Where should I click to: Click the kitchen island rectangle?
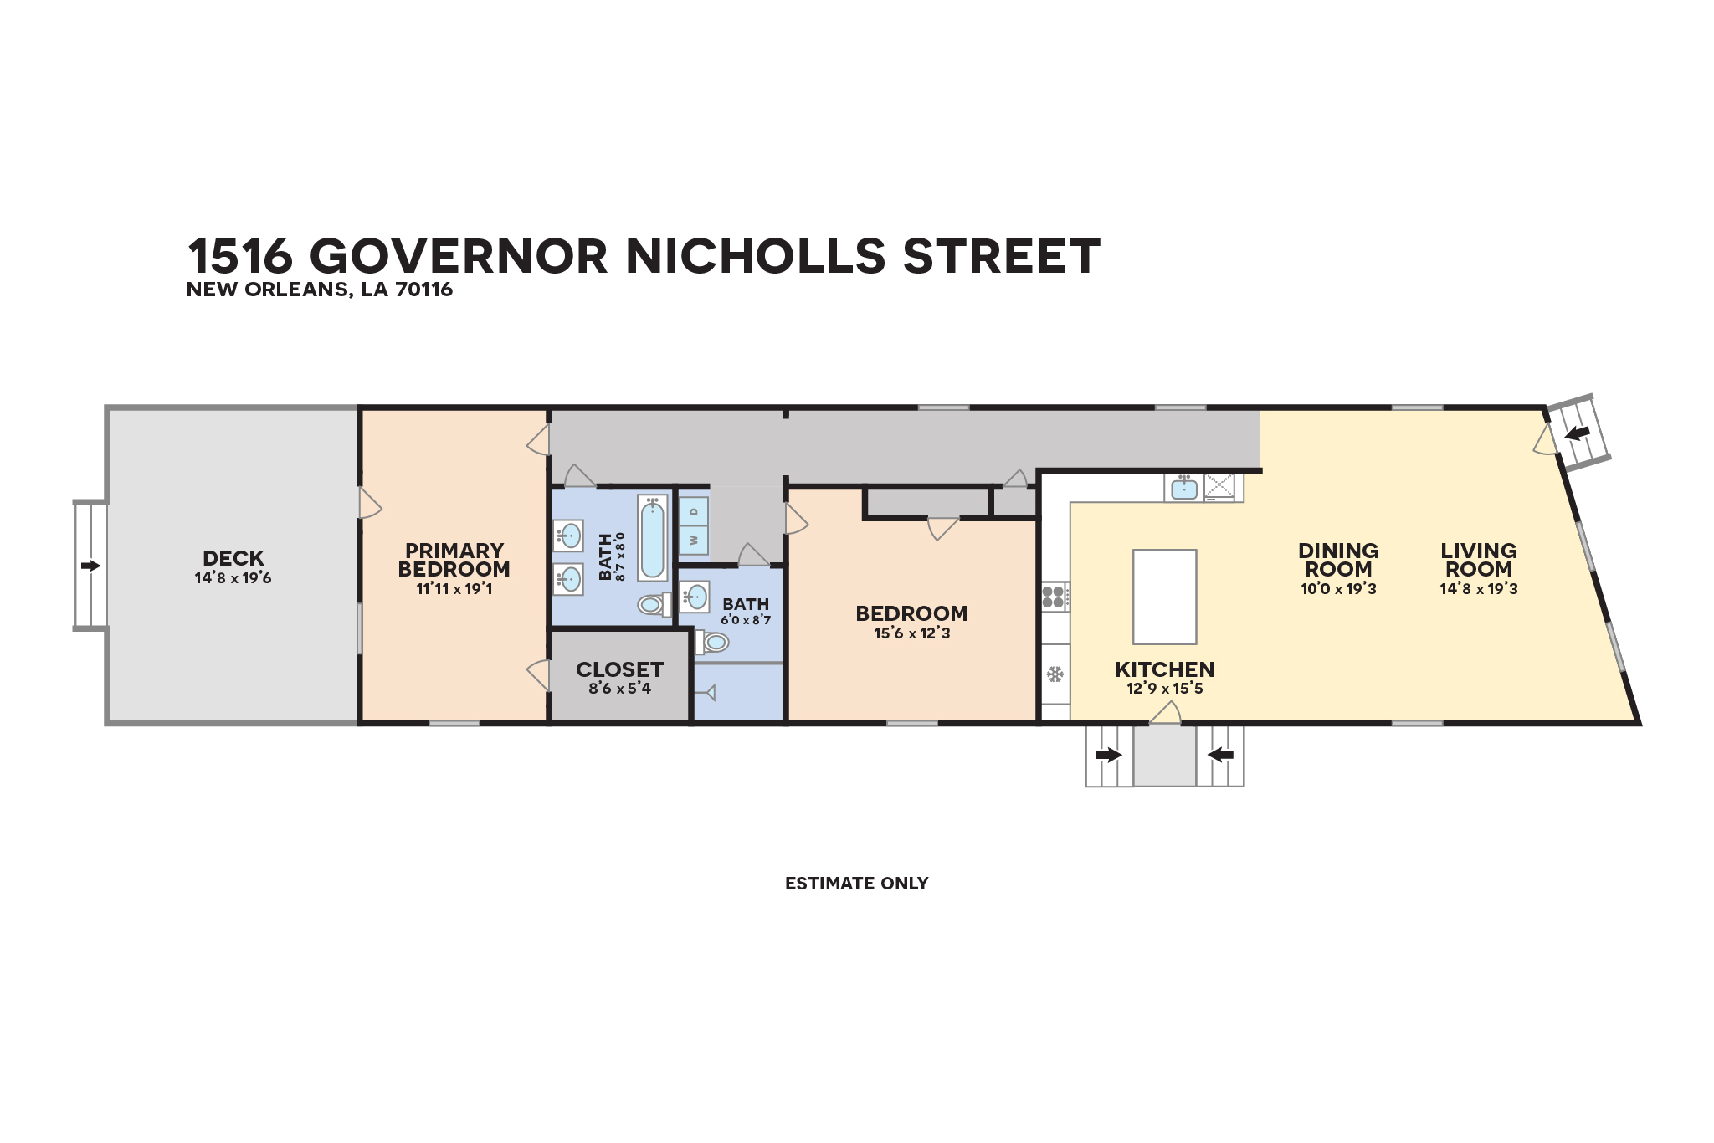pos(1164,597)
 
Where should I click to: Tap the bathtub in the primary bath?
pos(653,538)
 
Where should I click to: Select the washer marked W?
pos(694,541)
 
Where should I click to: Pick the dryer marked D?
pos(694,511)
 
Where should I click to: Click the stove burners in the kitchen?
pos(1054,597)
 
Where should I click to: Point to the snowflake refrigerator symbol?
pos(1055,674)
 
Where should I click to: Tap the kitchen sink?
pos(1184,487)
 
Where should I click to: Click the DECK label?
pos(233,558)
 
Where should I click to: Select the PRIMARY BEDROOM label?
pos(454,560)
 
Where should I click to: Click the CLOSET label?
pos(619,669)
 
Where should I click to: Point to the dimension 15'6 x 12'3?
pos(912,633)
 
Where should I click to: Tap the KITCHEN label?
pos(1165,669)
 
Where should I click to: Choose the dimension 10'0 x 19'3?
pos(1338,589)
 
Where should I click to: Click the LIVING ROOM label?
pos(1479,560)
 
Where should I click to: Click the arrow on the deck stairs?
pos(90,566)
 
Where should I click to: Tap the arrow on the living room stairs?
pos(1578,433)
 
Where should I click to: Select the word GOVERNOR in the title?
pos(459,256)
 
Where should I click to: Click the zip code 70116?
pos(424,290)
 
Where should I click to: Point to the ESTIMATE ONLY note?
pos(856,884)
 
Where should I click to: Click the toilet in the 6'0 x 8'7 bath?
pos(712,642)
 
